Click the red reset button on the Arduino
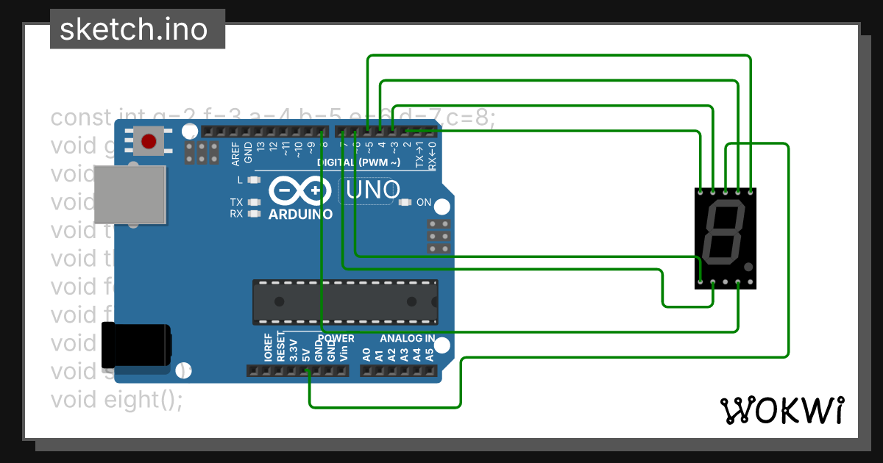[150, 140]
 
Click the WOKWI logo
[782, 410]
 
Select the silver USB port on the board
[130, 194]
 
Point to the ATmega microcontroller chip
[344, 301]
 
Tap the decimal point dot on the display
[748, 267]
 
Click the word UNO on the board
[372, 192]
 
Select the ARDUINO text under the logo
[300, 215]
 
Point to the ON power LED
[405, 202]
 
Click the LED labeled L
[255, 179]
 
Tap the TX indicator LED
[255, 202]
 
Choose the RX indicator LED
[255, 214]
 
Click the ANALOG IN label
[407, 339]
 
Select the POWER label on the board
[336, 339]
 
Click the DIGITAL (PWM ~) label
[359, 162]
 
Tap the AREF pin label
[235, 152]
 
